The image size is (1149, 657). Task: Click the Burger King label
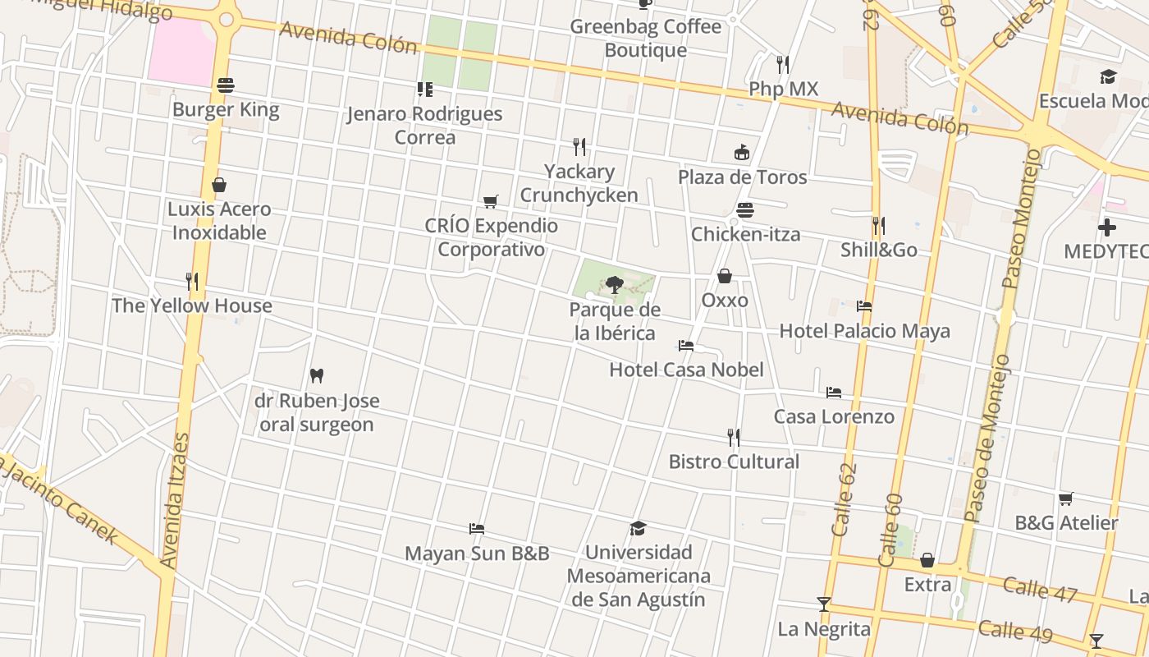click(226, 110)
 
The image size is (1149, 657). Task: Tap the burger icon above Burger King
click(226, 85)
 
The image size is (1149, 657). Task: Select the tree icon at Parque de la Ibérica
click(614, 285)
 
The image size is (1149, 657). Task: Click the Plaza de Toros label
click(742, 177)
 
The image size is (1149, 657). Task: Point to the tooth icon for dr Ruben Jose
click(317, 376)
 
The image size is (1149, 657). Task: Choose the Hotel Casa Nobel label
click(686, 370)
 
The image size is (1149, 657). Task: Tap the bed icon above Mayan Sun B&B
click(476, 528)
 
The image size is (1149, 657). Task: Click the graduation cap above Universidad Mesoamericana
click(638, 528)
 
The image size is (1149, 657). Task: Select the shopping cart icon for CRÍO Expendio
click(491, 201)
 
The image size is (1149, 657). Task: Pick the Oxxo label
click(725, 300)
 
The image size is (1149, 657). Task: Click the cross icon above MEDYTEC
click(1107, 227)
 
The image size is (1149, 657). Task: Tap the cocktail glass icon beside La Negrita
click(824, 604)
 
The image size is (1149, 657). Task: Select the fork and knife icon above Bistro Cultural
click(734, 437)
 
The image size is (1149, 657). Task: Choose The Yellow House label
click(192, 306)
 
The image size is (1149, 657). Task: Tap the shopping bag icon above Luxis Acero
click(219, 185)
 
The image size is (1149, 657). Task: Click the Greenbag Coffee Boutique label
click(645, 38)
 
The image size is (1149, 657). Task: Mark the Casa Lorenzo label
click(834, 416)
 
